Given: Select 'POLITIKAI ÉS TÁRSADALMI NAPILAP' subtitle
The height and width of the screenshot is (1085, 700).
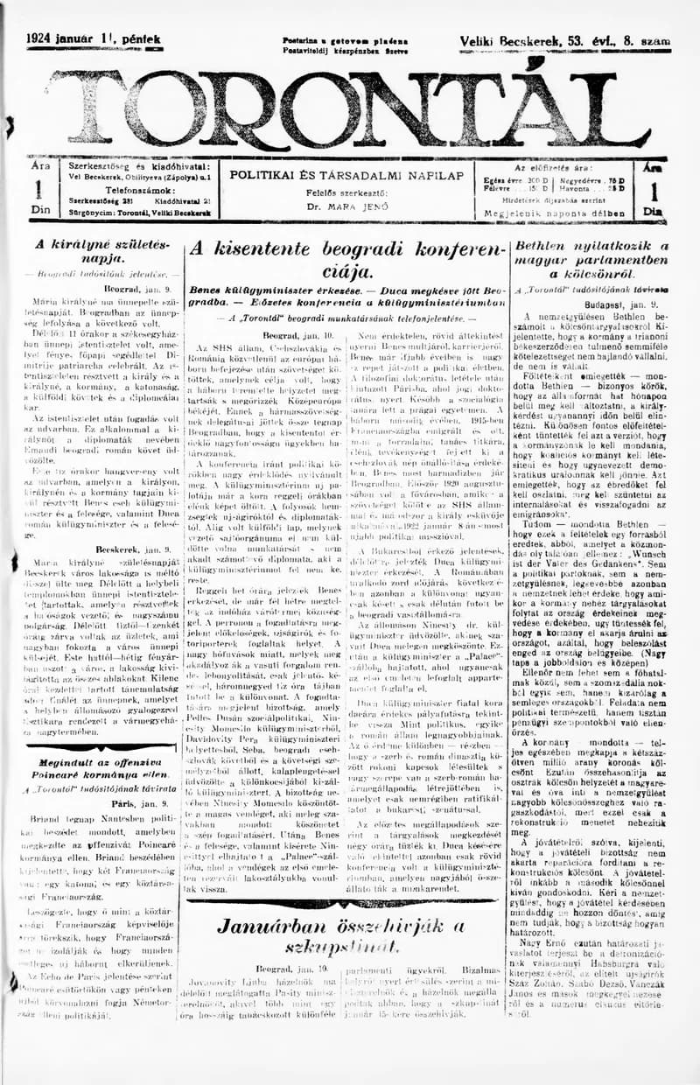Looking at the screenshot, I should click(346, 175).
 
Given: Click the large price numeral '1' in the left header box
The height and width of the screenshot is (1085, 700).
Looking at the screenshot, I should click(38, 191).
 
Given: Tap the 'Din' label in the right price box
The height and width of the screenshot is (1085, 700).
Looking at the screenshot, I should click(651, 211).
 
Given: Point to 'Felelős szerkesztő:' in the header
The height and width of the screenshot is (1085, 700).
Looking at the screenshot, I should click(346, 192).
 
